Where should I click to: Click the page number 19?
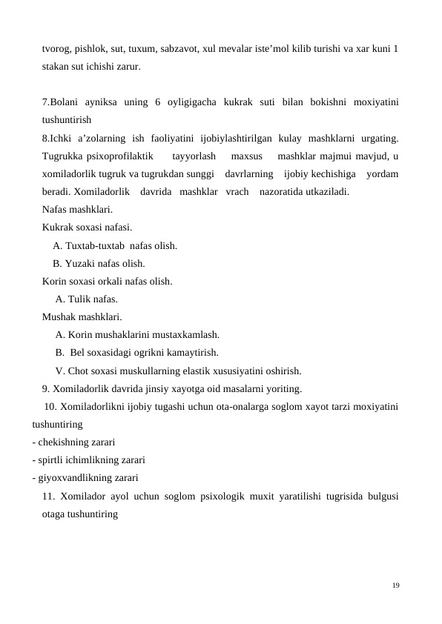[396, 585]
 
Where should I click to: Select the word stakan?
[57, 67]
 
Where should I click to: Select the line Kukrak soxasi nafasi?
[88, 228]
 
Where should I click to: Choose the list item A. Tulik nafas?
[86, 299]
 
